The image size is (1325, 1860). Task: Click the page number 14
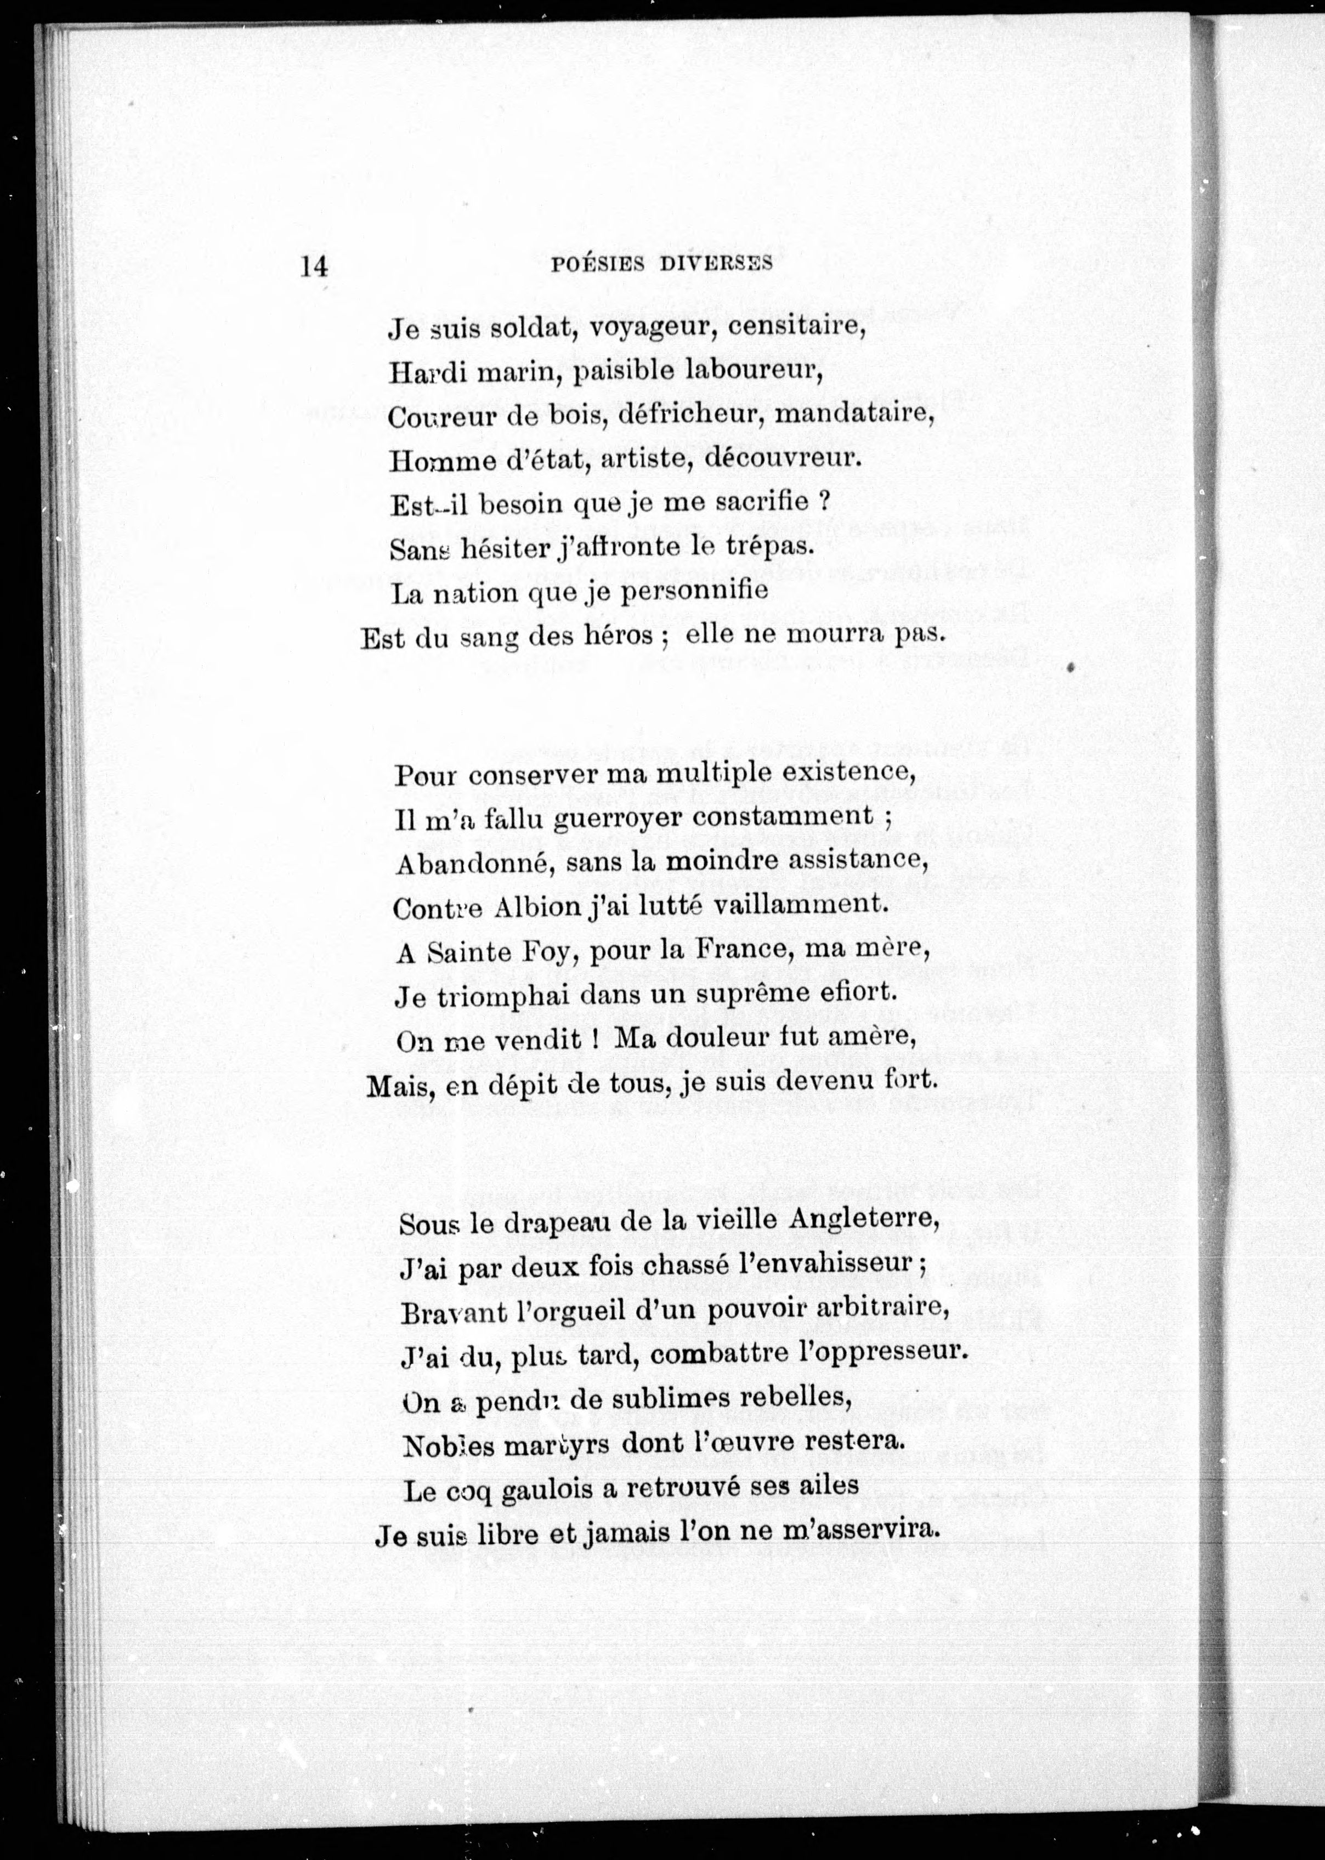[x=314, y=266]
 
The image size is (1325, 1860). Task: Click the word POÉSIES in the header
[x=598, y=264]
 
